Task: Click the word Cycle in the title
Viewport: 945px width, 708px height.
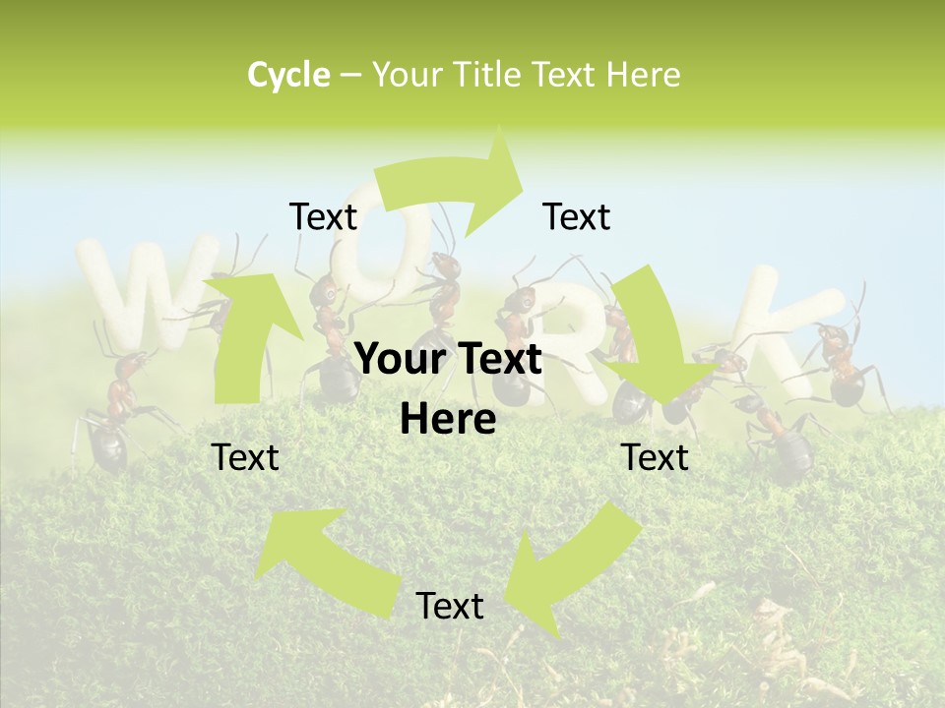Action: [x=288, y=75]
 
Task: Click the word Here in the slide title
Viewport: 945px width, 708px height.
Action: [x=645, y=75]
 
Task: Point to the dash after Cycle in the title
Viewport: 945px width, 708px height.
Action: [x=349, y=75]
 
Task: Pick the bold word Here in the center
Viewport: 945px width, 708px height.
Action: [x=448, y=420]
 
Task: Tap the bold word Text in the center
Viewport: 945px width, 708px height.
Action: [x=500, y=360]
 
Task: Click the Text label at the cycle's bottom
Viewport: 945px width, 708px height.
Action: [x=449, y=606]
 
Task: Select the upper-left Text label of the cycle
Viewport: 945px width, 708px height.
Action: [x=323, y=217]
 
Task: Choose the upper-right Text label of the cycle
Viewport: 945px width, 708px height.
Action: [x=577, y=217]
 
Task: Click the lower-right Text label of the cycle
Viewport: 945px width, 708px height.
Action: [x=655, y=457]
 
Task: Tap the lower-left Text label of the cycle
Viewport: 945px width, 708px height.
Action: [x=245, y=457]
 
